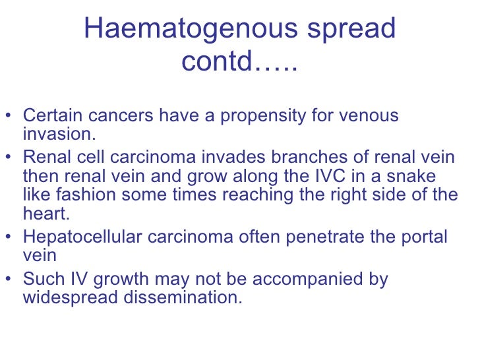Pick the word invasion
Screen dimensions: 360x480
coord(59,135)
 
